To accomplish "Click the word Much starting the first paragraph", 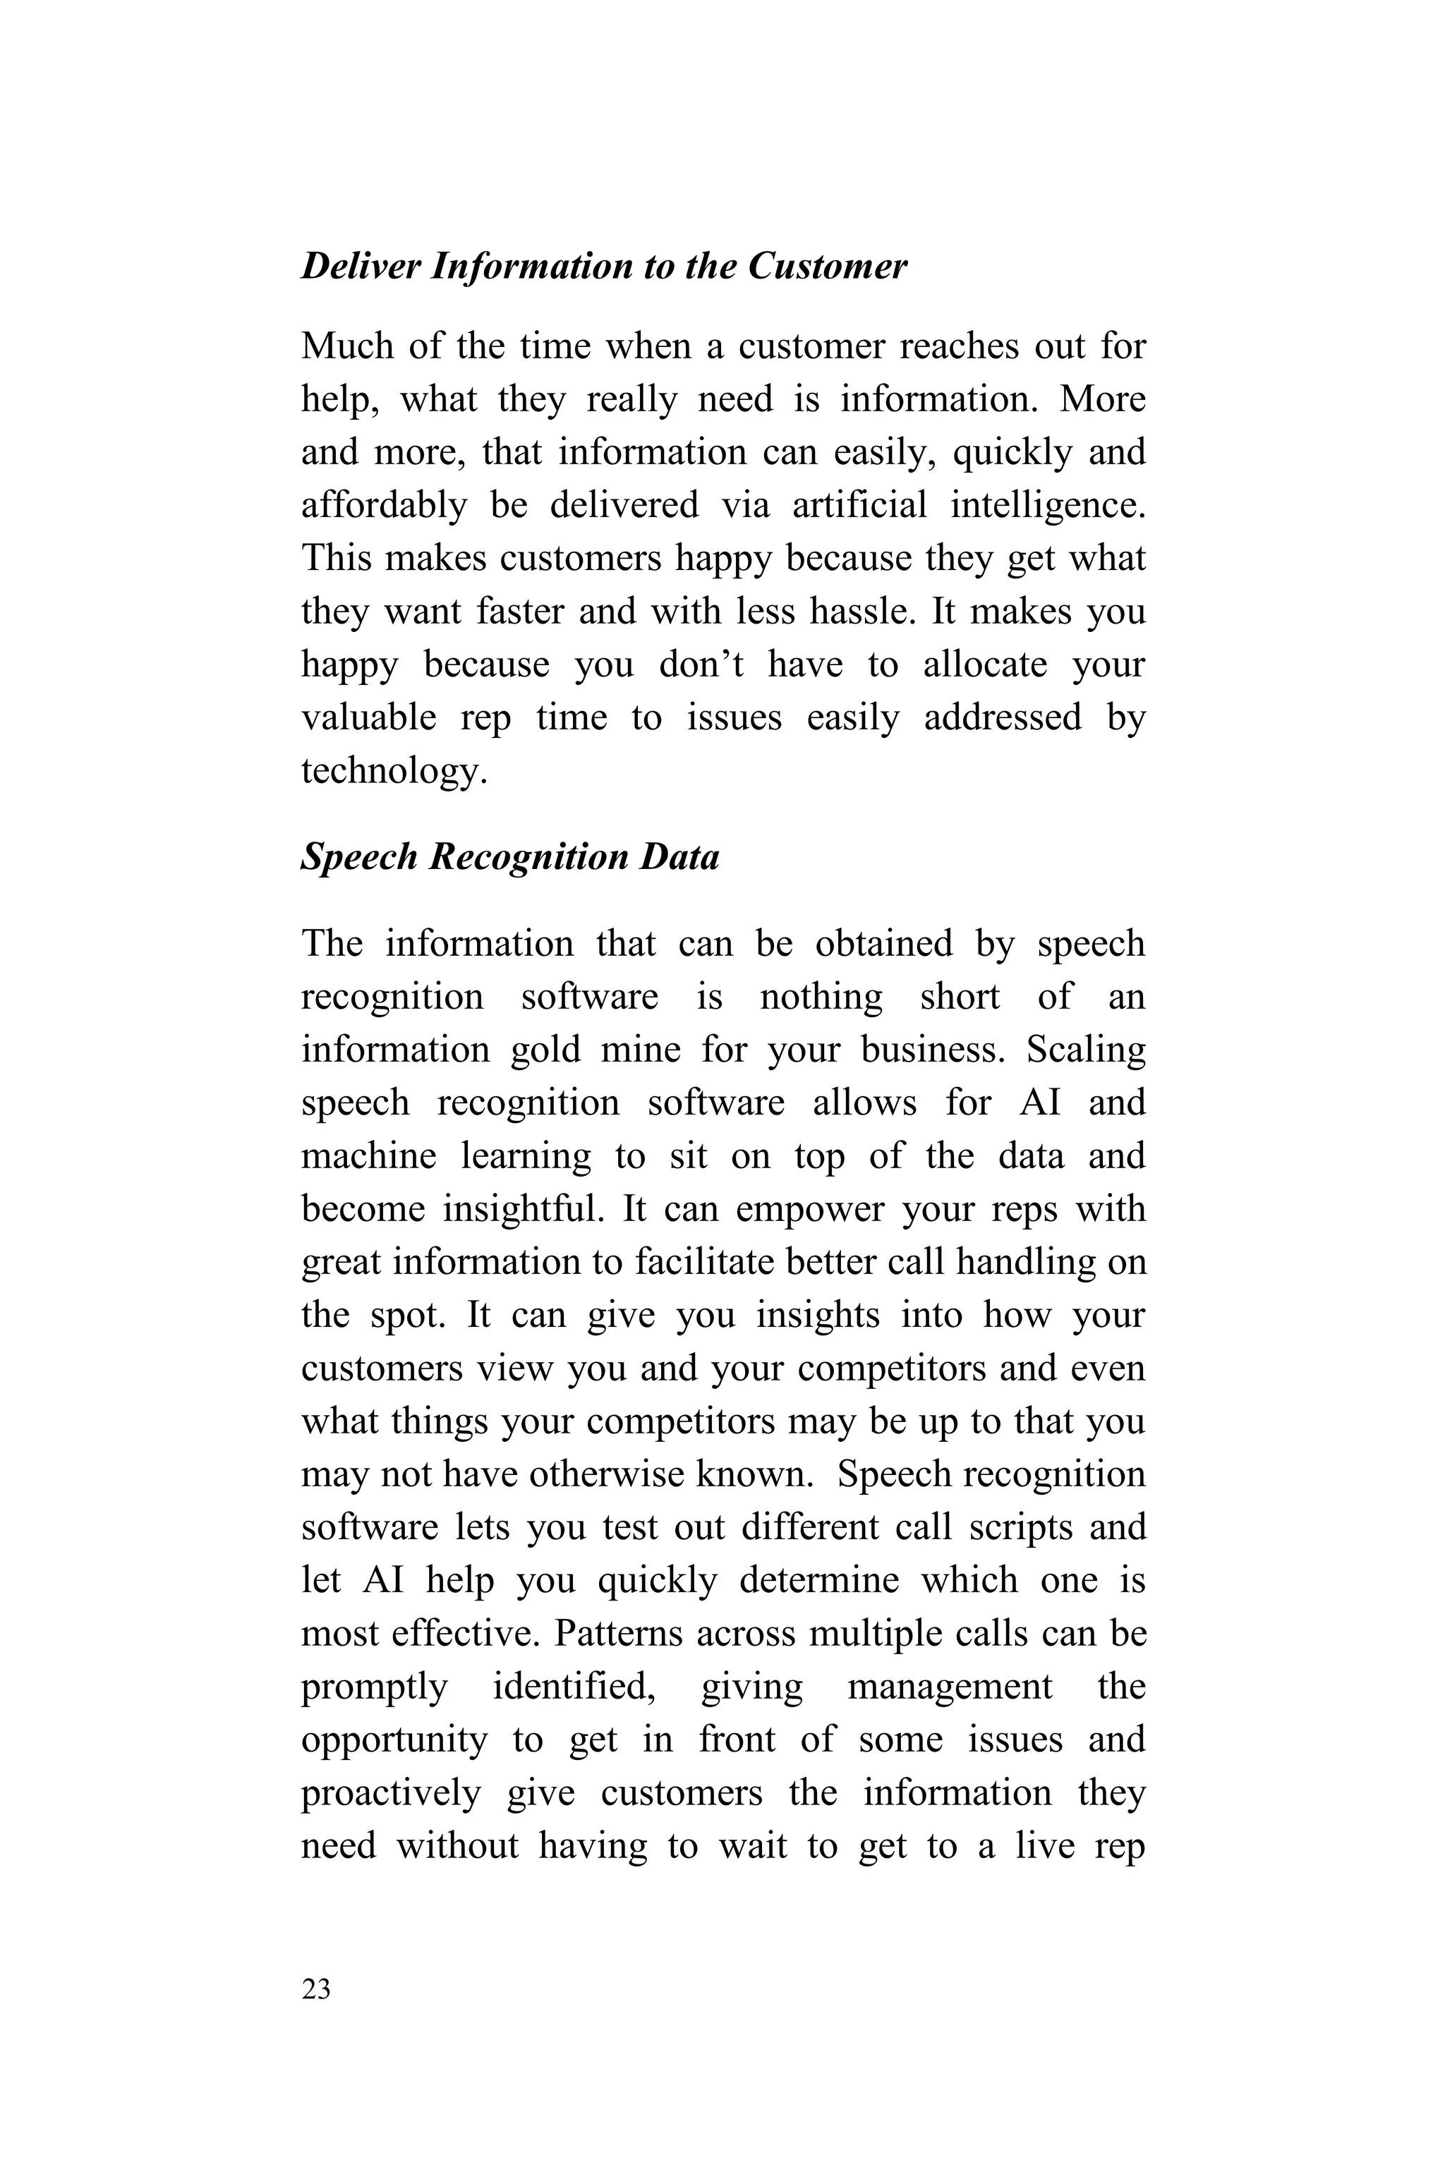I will [346, 346].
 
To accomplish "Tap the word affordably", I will [383, 506].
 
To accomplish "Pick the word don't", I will [701, 665].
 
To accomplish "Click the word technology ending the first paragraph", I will [392, 771].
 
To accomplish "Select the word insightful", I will [523, 1210].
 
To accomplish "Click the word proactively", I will [391, 1793].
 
